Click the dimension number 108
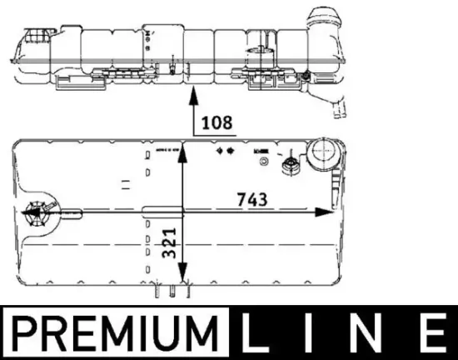click(217, 122)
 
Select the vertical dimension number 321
click(169, 247)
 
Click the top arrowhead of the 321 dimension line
click(181, 150)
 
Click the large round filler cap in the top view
click(319, 156)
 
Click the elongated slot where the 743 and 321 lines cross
click(158, 212)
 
